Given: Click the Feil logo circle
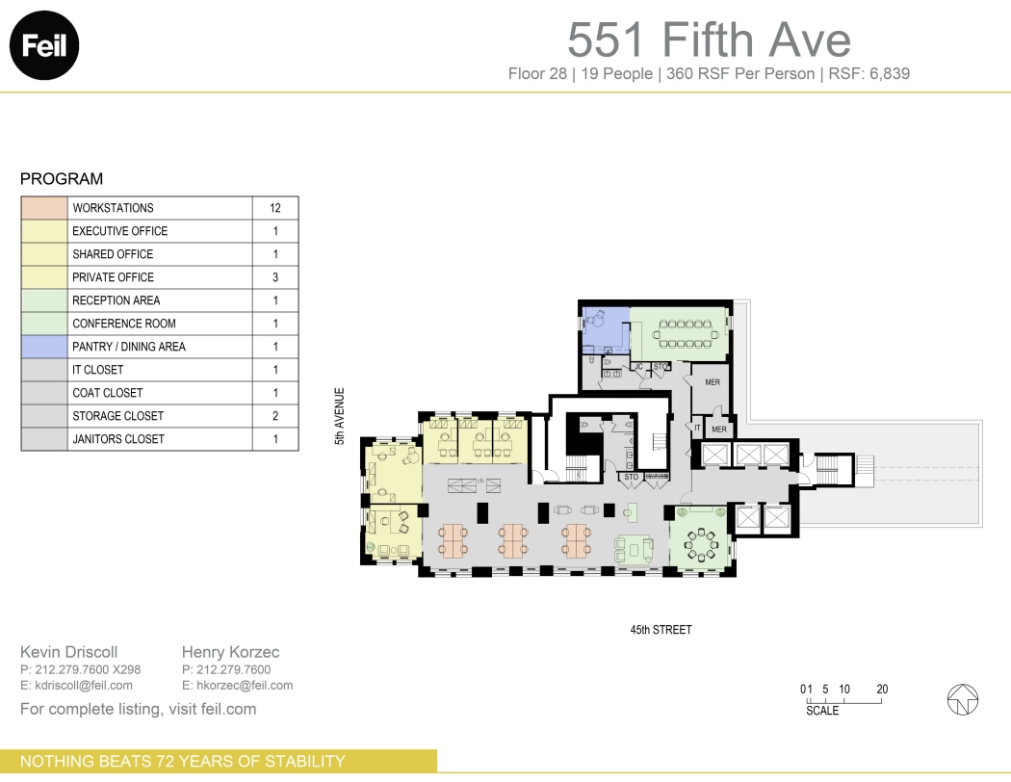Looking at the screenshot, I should (x=43, y=44).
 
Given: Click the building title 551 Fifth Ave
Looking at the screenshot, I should (x=709, y=39).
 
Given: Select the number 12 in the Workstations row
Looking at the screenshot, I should (x=275, y=208).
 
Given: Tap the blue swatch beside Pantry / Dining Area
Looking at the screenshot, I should (x=44, y=347).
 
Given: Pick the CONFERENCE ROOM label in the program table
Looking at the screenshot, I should (x=124, y=324).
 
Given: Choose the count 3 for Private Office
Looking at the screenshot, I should (x=275, y=277).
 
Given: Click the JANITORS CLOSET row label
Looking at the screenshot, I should (x=118, y=439).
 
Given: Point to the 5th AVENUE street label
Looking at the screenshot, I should (x=339, y=415).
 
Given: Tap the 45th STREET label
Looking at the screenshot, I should (x=661, y=630).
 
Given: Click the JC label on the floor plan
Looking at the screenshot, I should (x=638, y=367).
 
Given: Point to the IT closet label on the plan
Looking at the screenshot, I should (x=697, y=427).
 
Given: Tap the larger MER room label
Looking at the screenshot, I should (x=713, y=382).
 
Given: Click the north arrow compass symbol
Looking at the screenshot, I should (x=963, y=699).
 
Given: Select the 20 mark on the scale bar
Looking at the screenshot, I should (x=882, y=690).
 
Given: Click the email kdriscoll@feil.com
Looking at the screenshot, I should (x=76, y=686).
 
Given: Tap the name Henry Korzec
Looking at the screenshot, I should (x=230, y=653).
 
